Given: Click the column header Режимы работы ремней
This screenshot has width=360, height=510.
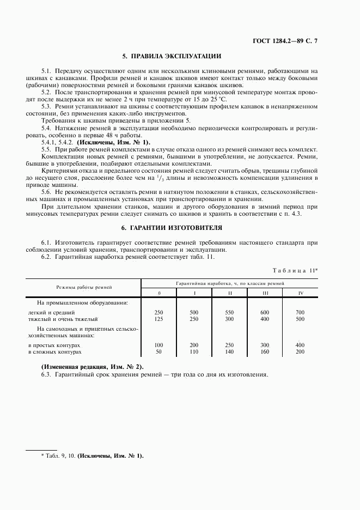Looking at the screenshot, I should pyautogui.click(x=84, y=287).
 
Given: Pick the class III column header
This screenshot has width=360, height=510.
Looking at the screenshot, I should pyautogui.click(x=265, y=293).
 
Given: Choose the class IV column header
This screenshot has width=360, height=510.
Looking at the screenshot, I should pyautogui.click(x=300, y=293).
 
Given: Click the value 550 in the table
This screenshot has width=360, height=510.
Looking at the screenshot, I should pyautogui.click(x=230, y=312).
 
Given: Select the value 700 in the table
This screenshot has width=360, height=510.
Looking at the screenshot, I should pyautogui.click(x=300, y=312).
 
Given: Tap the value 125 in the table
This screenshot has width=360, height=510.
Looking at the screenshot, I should pyautogui.click(x=159, y=319).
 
